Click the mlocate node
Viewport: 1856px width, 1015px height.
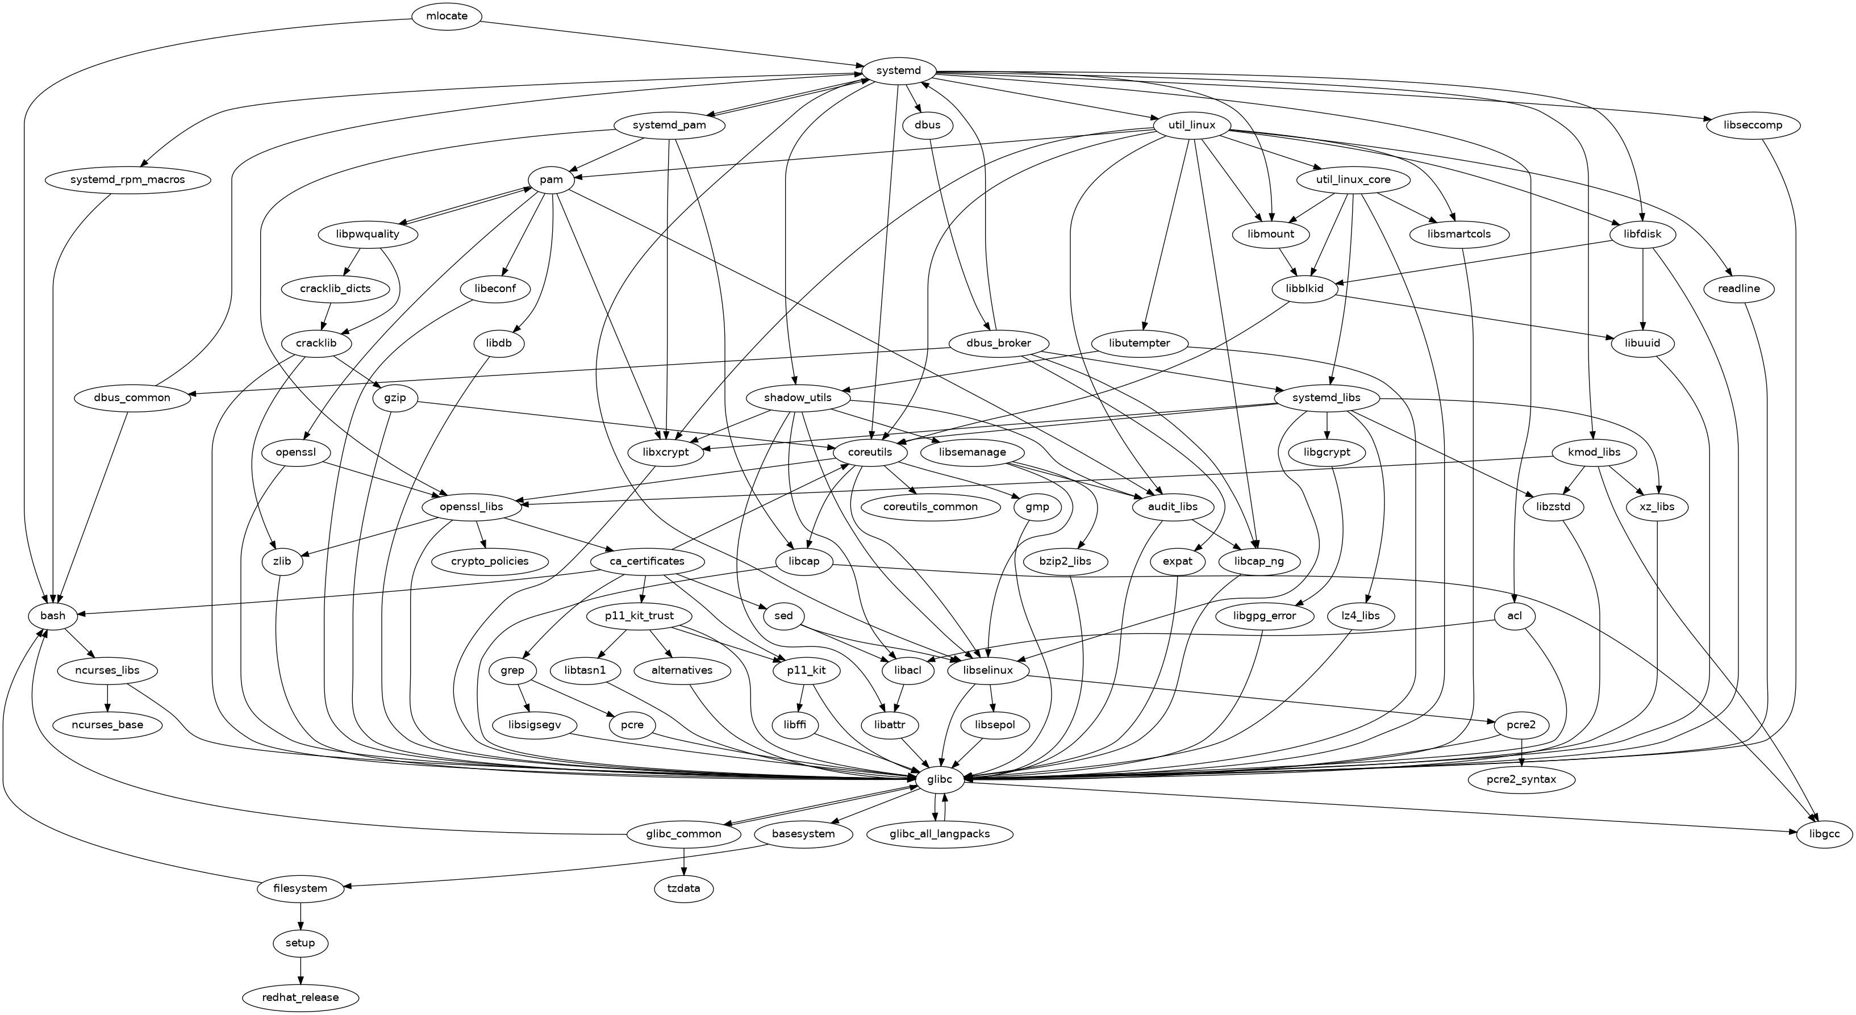pyautogui.click(x=447, y=16)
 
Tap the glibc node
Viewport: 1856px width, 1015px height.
pyautogui.click(x=940, y=779)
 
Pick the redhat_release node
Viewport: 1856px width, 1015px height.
pyautogui.click(x=301, y=998)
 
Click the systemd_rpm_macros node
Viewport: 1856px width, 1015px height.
pyautogui.click(x=127, y=179)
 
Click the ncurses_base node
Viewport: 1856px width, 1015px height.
pyautogui.click(x=107, y=725)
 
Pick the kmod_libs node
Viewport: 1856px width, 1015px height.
pyautogui.click(x=1598, y=452)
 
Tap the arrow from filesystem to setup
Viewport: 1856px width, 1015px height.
pyautogui.click(x=301, y=916)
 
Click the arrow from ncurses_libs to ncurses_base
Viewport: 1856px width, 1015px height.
pyautogui.click(x=107, y=697)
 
